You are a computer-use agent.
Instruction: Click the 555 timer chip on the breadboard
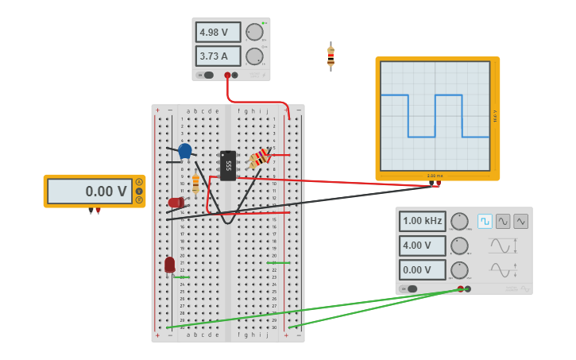[x=228, y=165]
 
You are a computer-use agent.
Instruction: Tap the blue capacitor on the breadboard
[x=185, y=150]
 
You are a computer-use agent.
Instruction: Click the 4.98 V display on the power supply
[x=218, y=33]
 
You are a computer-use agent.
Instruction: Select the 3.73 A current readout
[x=218, y=56]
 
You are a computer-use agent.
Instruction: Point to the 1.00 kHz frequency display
[x=422, y=221]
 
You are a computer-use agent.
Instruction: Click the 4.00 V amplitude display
[x=422, y=246]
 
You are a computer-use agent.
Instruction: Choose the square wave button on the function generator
[x=485, y=221]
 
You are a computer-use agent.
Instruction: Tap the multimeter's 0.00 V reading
[x=89, y=192]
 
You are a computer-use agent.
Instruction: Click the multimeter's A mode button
[x=139, y=182]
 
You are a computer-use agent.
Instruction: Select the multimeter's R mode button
[x=139, y=199]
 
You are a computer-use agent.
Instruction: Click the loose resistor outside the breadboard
[x=331, y=56]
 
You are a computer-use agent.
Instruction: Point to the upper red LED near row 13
[x=176, y=203]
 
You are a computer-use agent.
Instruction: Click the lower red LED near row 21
[x=169, y=264]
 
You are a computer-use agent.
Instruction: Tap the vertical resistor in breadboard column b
[x=195, y=184]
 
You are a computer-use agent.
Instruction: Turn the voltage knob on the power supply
[x=254, y=33]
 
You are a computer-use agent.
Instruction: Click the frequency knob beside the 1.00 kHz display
[x=459, y=221]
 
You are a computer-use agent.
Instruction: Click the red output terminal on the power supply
[x=227, y=75]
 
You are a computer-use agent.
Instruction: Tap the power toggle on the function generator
[x=408, y=288]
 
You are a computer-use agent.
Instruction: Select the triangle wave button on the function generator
[x=521, y=221]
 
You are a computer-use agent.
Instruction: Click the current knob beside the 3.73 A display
[x=254, y=56]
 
